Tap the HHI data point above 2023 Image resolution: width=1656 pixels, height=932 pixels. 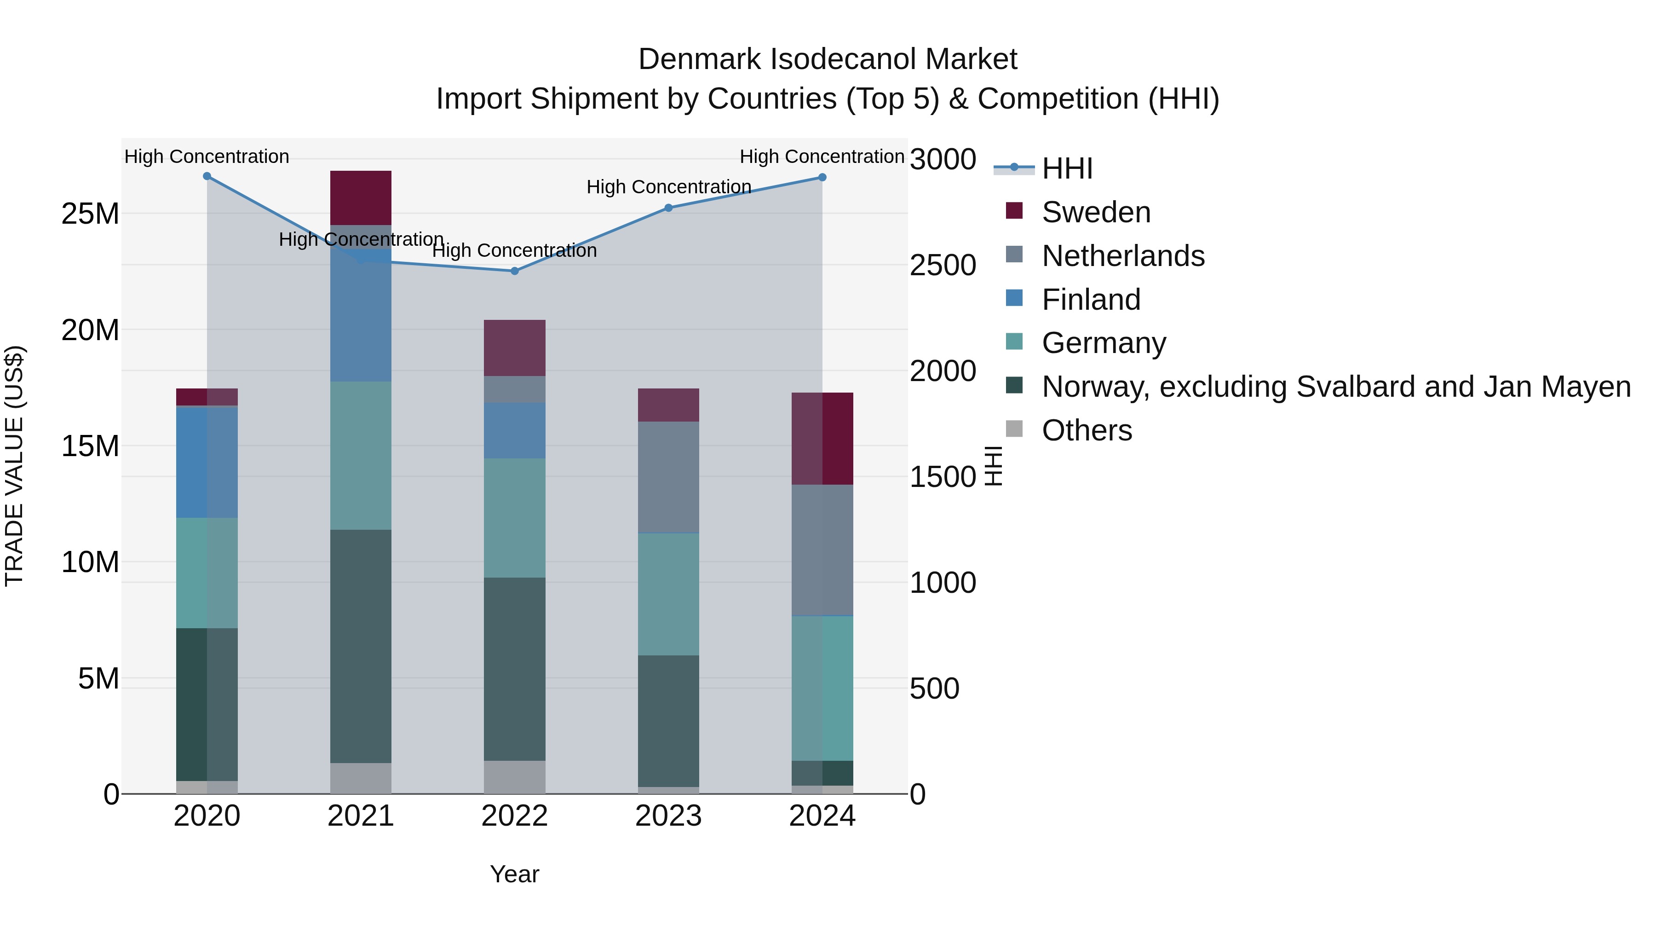[x=668, y=208]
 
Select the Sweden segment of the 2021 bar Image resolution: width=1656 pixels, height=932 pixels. [x=361, y=197]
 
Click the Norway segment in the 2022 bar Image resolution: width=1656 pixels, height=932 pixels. [x=514, y=669]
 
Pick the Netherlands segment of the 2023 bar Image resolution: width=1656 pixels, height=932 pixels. [x=668, y=477]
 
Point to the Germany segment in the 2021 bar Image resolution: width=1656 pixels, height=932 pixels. [x=361, y=455]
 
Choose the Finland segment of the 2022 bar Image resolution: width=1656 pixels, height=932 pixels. [x=514, y=430]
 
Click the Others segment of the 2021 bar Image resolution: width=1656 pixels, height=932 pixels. [x=361, y=778]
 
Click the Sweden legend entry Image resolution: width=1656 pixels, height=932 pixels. [x=1096, y=212]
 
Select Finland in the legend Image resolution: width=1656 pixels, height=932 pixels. [x=1091, y=300]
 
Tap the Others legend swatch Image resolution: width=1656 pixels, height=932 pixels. [x=1014, y=428]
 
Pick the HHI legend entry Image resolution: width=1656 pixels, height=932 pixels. [x=1067, y=168]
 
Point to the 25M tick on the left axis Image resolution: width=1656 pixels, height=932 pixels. [x=90, y=214]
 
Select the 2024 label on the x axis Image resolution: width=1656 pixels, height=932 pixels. [x=822, y=816]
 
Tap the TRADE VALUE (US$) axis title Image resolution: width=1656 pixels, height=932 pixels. [x=14, y=466]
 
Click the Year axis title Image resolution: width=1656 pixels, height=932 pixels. [x=514, y=874]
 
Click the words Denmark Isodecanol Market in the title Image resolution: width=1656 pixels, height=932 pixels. [x=828, y=59]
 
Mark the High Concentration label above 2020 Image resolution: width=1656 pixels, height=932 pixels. [x=207, y=156]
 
